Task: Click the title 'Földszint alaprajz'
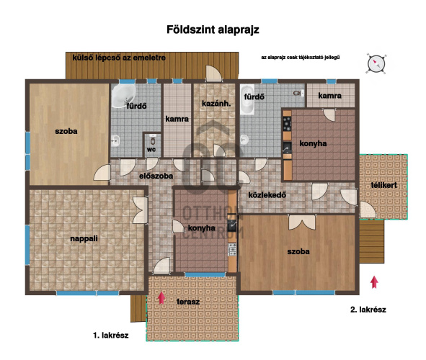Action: point(213,30)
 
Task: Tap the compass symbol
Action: point(376,64)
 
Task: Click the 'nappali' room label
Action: point(84,239)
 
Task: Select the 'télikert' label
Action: point(384,185)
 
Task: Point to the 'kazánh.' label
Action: point(216,104)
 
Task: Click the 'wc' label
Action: point(151,150)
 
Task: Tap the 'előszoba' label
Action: point(156,176)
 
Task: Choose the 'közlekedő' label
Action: point(267,195)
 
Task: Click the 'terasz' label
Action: point(188,302)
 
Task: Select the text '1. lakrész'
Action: point(110,336)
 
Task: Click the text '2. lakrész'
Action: point(368,310)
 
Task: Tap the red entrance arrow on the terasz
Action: point(161,297)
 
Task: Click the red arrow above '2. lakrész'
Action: point(374,282)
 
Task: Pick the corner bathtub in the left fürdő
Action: point(123,96)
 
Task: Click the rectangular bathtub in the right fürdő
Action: point(247,99)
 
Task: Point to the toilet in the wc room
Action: point(153,140)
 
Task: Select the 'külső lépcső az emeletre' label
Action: point(119,58)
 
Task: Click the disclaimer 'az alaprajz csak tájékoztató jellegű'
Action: point(300,58)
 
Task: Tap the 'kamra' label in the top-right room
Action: point(329,96)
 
